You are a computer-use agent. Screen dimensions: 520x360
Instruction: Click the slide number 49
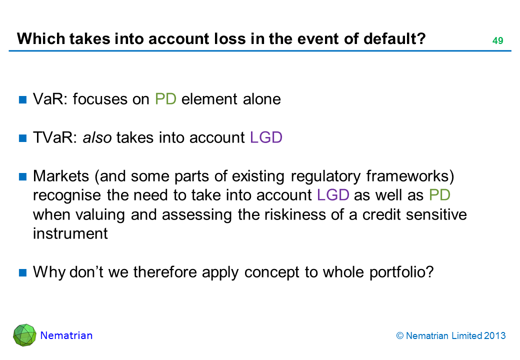497,40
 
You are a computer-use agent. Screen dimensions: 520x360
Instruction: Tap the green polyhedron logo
24,335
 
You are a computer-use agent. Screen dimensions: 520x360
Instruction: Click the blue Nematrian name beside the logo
66,335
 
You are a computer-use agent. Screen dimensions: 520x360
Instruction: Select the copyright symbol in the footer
400,336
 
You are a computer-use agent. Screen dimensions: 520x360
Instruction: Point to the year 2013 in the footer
495,336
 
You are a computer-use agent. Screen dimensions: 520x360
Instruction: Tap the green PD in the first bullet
165,99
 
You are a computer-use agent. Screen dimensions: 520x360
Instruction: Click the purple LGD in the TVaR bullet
266,137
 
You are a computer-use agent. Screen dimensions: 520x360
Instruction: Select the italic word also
97,137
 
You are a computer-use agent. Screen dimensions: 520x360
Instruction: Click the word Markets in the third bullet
61,176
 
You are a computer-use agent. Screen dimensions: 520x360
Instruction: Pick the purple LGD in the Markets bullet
333,195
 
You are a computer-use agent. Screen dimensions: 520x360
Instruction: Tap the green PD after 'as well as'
439,195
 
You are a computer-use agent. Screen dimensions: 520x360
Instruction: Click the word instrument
70,233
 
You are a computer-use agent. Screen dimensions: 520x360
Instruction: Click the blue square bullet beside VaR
23,99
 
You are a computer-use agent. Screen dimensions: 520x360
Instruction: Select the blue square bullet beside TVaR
23,138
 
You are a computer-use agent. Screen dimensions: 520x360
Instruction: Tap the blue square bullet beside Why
23,272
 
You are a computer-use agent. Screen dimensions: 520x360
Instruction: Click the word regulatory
325,176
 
